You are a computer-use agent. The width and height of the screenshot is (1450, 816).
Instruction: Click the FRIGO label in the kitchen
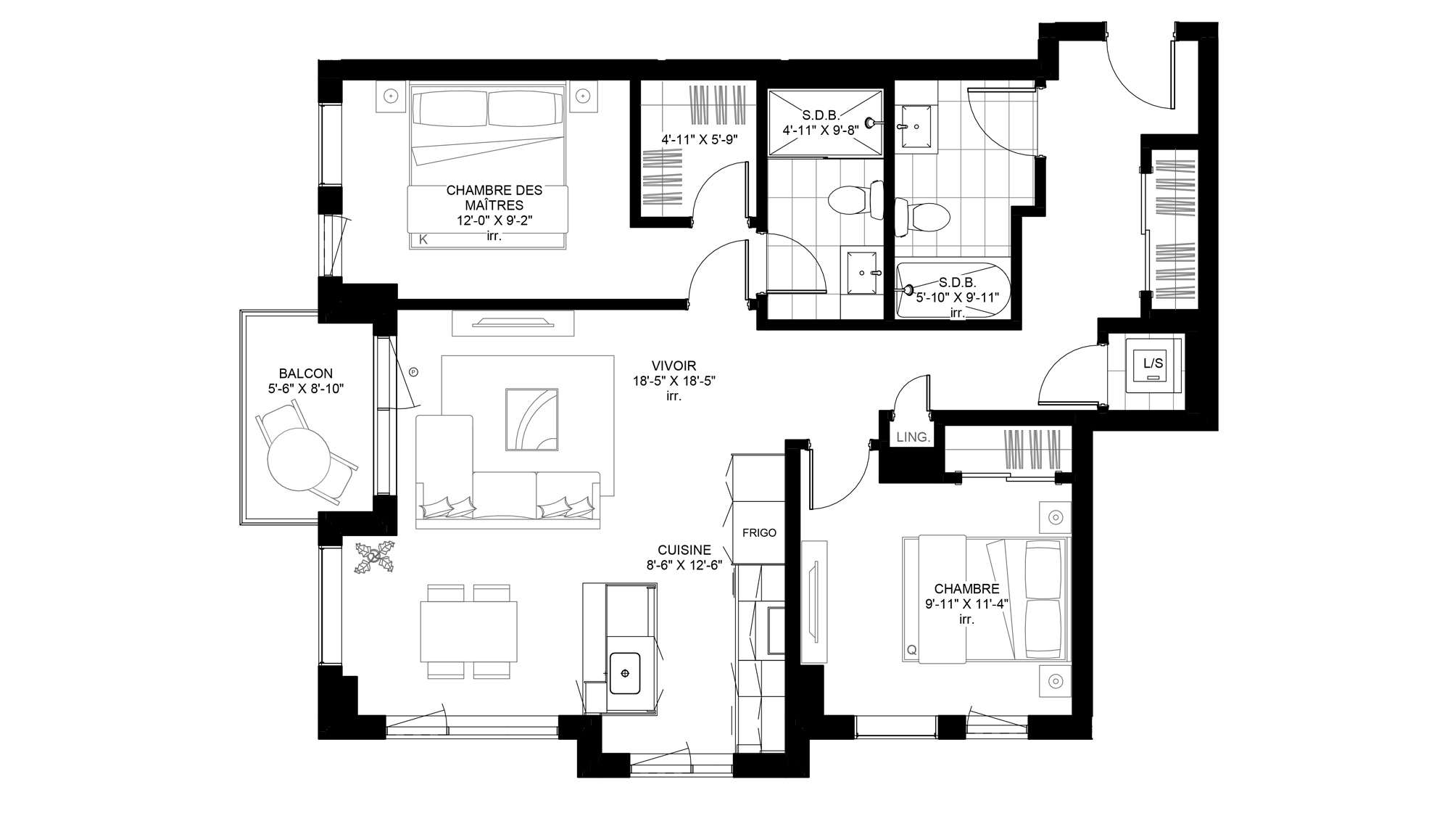[759, 532]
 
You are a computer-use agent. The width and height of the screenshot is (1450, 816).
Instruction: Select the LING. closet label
[913, 437]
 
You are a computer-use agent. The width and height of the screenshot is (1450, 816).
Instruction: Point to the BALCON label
[305, 374]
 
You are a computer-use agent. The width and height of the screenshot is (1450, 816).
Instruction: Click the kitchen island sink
[624, 672]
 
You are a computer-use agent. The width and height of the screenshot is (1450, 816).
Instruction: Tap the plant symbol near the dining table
[375, 557]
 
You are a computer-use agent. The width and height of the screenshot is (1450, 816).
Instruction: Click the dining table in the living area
[469, 631]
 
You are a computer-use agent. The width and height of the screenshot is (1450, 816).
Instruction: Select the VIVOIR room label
[674, 366]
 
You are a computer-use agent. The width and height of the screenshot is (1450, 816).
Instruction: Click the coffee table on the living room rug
[531, 419]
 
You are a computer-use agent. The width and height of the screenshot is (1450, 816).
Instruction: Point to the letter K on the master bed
[423, 239]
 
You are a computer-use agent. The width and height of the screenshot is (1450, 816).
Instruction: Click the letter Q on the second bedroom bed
[912, 651]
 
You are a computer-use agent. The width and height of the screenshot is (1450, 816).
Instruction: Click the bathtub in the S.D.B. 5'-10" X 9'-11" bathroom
[953, 290]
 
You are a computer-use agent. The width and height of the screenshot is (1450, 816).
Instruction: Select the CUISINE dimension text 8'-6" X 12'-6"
[684, 565]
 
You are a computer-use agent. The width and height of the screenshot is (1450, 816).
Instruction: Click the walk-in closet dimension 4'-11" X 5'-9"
[699, 139]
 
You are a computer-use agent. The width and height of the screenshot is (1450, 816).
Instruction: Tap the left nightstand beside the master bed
[391, 96]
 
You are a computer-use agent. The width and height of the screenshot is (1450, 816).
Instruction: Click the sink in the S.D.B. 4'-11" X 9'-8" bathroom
[862, 273]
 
